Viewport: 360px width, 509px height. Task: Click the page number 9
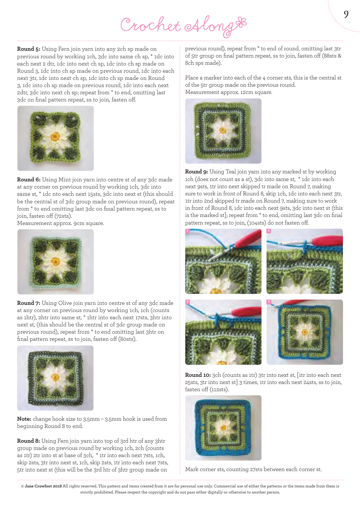346,14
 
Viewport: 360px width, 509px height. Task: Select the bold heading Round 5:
28,49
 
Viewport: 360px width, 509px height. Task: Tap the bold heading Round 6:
28,180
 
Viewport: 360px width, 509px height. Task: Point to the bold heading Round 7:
28,303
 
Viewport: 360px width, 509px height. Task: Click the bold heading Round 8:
28,441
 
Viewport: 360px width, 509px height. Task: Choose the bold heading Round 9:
196,172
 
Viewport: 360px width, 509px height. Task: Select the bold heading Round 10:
198,375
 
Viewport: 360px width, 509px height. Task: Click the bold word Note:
24,419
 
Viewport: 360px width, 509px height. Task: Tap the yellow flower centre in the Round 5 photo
55,137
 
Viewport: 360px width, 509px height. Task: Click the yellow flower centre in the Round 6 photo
56,261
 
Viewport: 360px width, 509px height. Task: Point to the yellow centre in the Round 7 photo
56,377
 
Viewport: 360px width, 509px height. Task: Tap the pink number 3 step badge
187,302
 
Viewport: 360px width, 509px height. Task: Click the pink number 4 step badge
269,302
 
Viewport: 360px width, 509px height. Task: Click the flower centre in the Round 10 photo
224,428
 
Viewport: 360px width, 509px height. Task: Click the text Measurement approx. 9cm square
60,223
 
